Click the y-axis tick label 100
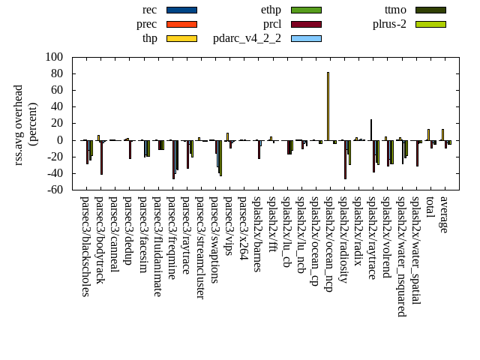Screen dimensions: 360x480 (x=54, y=57)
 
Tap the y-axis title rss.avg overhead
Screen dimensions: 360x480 (x=18, y=124)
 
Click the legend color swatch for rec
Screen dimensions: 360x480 (x=181, y=10)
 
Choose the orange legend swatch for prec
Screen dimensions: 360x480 (x=181, y=24)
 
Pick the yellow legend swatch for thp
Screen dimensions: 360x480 (x=181, y=38)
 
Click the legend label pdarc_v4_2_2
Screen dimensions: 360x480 (x=247, y=38)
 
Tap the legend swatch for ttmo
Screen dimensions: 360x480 (x=430, y=10)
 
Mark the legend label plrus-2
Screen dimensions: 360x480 (x=389, y=24)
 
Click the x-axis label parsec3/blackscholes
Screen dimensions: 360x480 (x=85, y=246)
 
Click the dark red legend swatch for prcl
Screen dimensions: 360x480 (x=306, y=24)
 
